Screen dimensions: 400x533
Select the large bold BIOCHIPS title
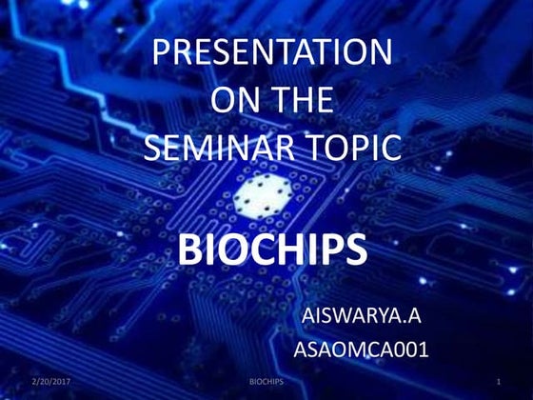tap(272, 250)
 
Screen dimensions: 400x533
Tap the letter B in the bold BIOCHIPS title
tap(191, 250)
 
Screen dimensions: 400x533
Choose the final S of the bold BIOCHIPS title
tap(354, 250)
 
